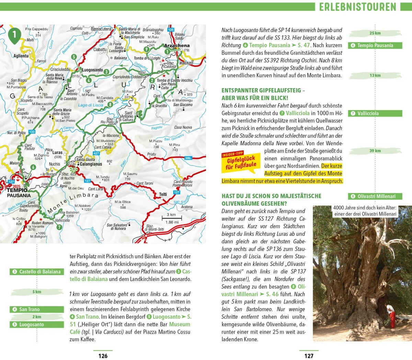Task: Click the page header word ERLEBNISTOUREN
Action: (x=357, y=7)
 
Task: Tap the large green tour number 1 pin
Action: (x=14, y=35)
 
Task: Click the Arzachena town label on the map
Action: (x=176, y=46)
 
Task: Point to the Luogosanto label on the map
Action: (x=92, y=70)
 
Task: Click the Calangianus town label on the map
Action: (x=91, y=164)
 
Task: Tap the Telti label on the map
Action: (x=163, y=194)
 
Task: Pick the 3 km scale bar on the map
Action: (x=172, y=218)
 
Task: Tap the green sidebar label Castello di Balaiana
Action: (x=37, y=272)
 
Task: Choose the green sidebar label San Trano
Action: (x=37, y=309)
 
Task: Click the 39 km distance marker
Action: (x=375, y=151)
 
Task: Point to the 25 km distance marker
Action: (x=375, y=33)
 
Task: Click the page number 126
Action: (x=103, y=356)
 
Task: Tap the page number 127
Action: (x=309, y=356)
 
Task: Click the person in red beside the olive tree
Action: (x=391, y=316)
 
